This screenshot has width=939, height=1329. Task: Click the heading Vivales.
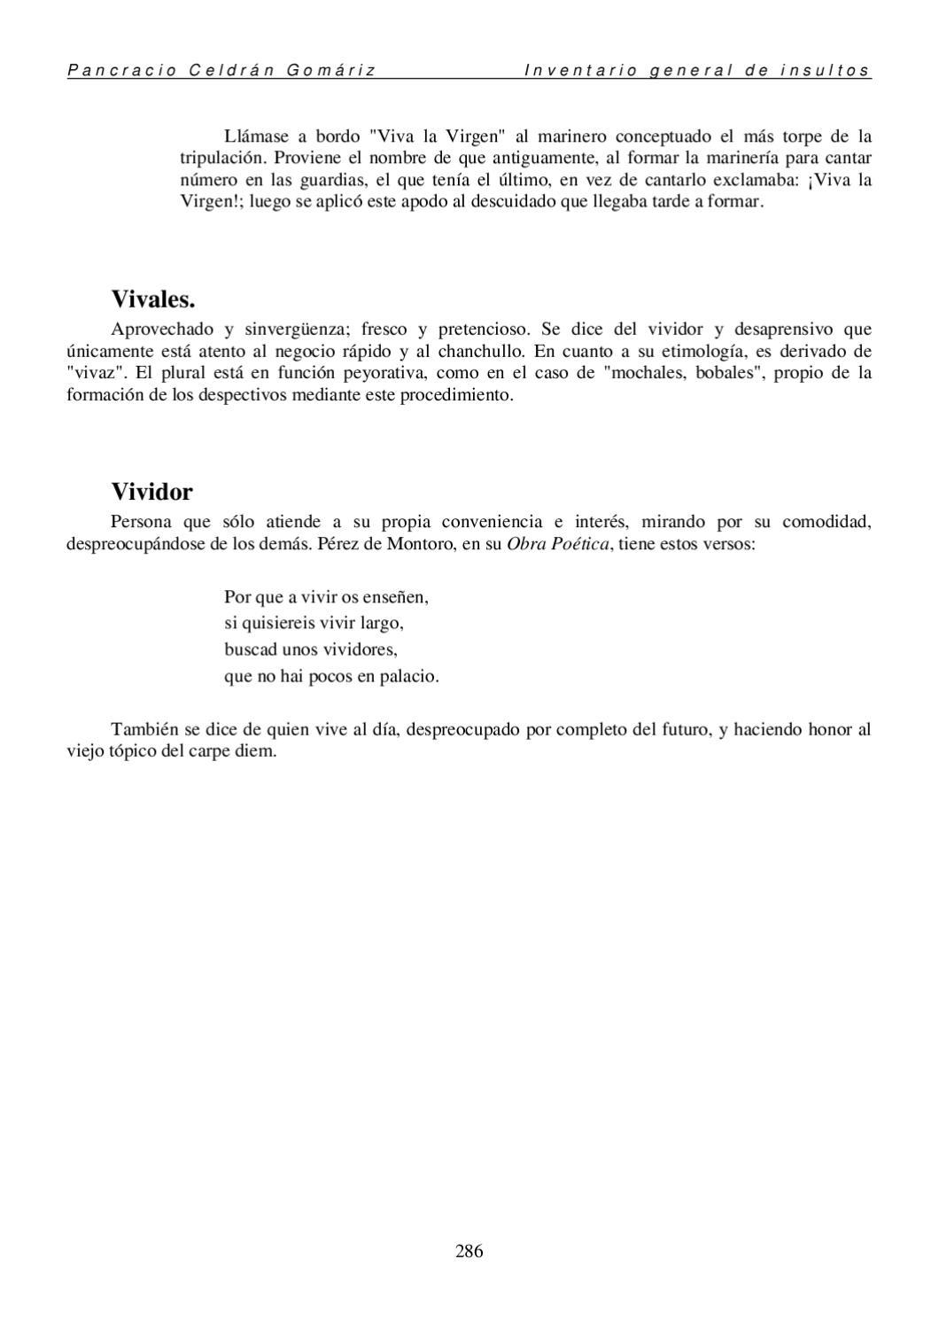click(153, 299)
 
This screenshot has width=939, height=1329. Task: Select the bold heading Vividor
click(151, 492)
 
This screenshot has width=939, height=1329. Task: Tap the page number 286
click(469, 1251)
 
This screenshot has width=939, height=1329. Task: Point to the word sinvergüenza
click(292, 330)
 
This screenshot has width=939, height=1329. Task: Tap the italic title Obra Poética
click(558, 543)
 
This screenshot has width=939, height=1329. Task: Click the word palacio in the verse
click(409, 677)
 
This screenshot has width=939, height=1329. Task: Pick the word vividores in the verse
click(357, 650)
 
